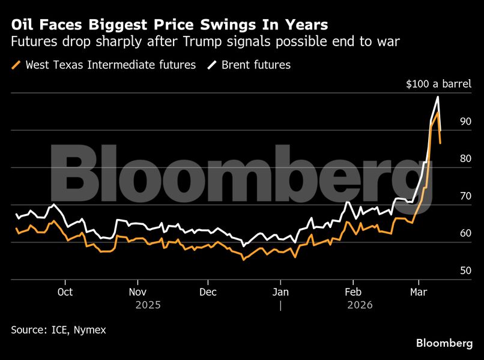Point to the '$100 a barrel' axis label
(438, 84)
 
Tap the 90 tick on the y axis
(465, 121)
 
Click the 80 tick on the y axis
(465, 158)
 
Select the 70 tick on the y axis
(465, 196)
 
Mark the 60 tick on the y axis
(465, 233)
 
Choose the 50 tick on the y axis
(465, 271)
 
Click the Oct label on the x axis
(65, 292)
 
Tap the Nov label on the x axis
(138, 292)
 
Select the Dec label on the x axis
(208, 292)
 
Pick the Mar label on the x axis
(418, 292)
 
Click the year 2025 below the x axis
(148, 305)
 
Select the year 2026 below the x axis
(360, 305)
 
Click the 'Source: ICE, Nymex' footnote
(59, 329)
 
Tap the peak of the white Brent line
(438, 97)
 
